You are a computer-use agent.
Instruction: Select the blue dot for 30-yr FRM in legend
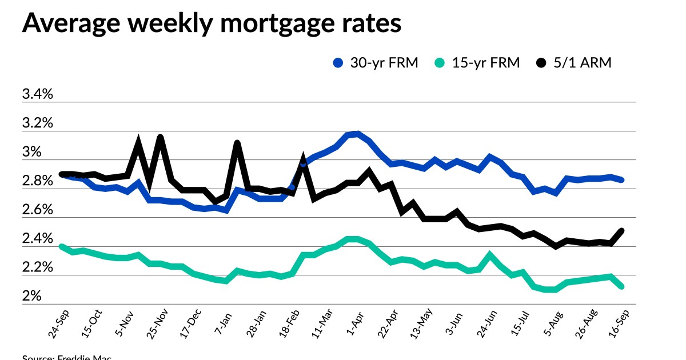pyautogui.click(x=338, y=63)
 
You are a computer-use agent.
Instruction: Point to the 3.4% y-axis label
pyautogui.click(x=37, y=94)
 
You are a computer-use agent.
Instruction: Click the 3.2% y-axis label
pyautogui.click(x=37, y=123)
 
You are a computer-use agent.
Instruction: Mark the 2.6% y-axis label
pyautogui.click(x=37, y=210)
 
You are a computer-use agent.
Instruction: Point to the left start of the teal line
pyautogui.click(x=61, y=246)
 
